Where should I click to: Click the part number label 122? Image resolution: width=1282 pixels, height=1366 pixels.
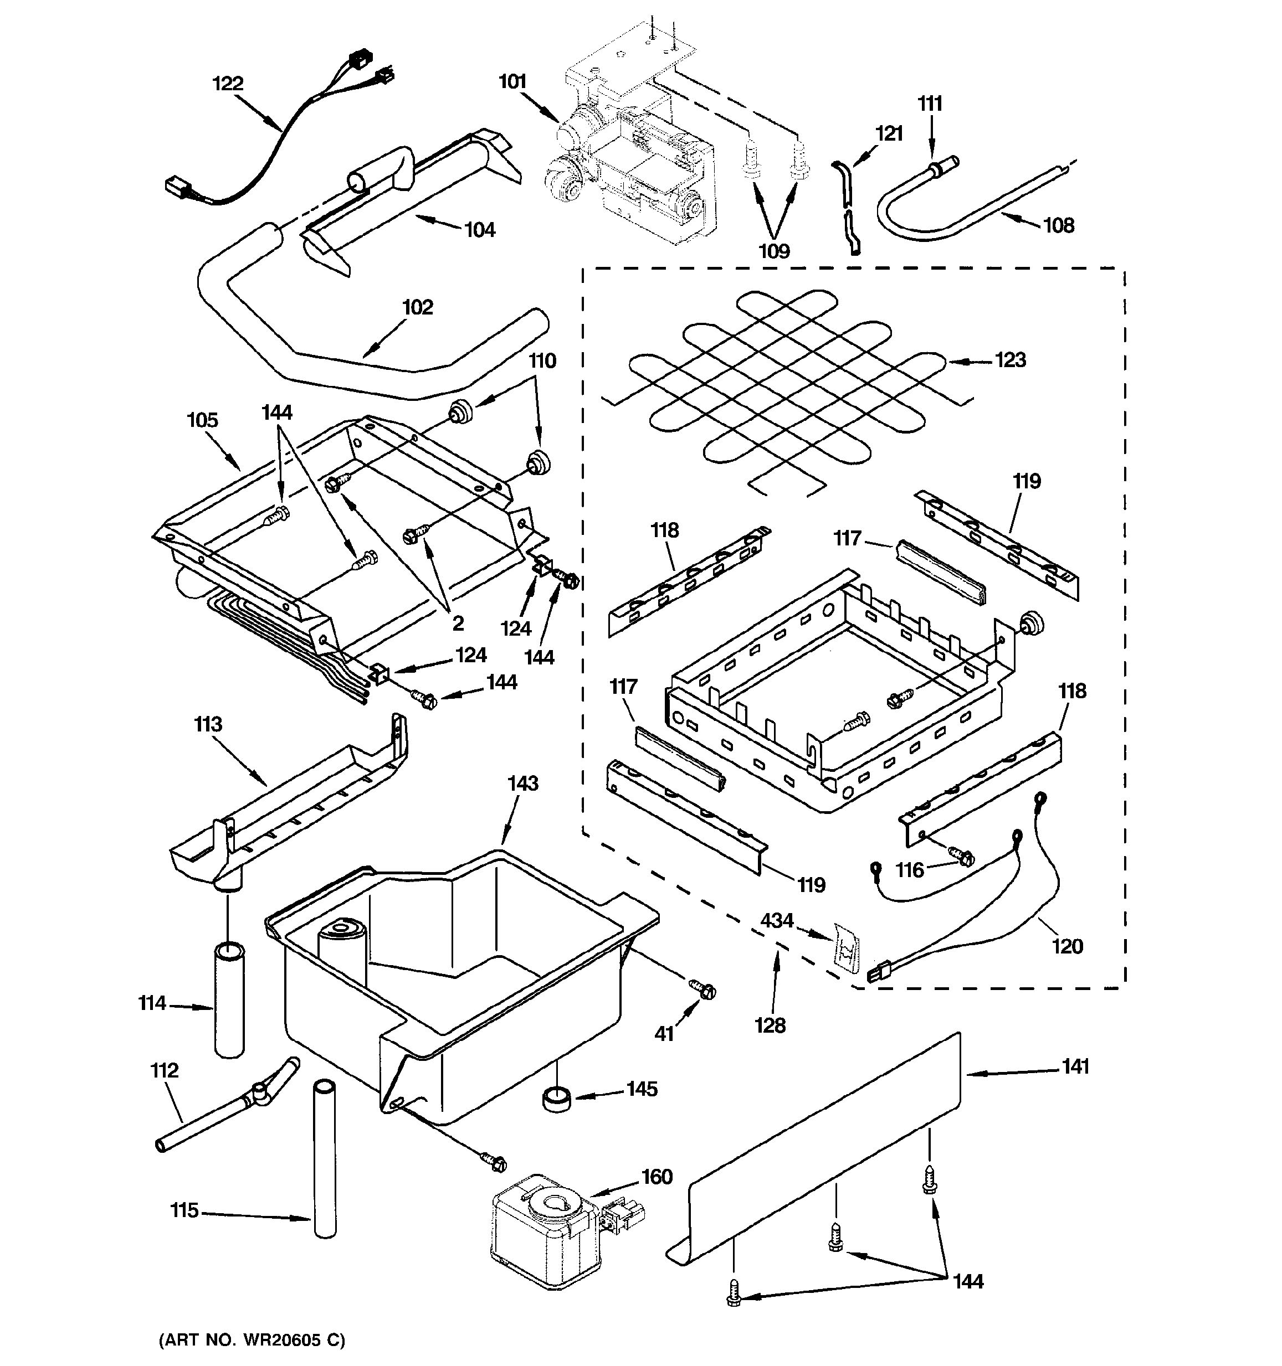pyautogui.click(x=228, y=83)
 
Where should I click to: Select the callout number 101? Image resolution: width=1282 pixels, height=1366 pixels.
pyautogui.click(x=512, y=82)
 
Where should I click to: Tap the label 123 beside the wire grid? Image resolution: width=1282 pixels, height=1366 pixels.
pyautogui.click(x=1011, y=359)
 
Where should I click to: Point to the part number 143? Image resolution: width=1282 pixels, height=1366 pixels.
pyautogui.click(x=522, y=783)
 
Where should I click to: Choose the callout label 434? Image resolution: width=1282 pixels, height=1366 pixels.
pyautogui.click(x=777, y=920)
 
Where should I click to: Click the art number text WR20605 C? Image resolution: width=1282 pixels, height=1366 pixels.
pyautogui.click(x=252, y=1339)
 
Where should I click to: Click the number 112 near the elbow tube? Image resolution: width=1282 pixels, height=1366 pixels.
pyautogui.click(x=165, y=1070)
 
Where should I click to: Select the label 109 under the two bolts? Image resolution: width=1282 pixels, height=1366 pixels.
pyautogui.click(x=774, y=251)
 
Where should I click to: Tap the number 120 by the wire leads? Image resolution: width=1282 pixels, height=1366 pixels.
pyautogui.click(x=1067, y=946)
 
